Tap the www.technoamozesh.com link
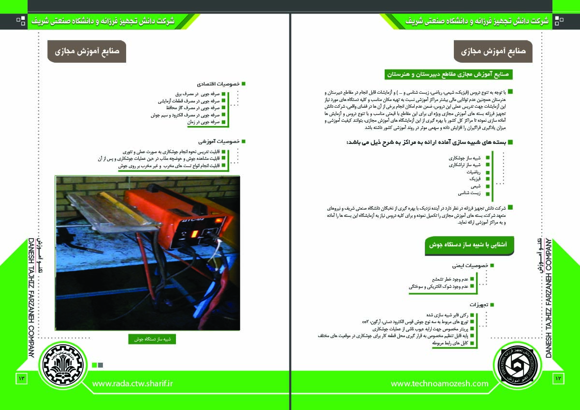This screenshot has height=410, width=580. coord(439,383)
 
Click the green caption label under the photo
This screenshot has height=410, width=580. coord(152,339)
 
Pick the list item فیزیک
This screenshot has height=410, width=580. coord(476,179)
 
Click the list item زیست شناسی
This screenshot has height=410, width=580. coord(469,193)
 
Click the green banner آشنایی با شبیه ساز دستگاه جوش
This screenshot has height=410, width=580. coord(469,245)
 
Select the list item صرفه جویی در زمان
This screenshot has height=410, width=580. coord(203,122)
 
